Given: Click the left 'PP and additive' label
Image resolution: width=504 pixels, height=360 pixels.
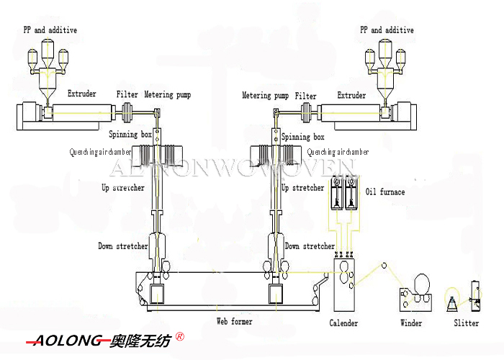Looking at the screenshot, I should click(50, 30).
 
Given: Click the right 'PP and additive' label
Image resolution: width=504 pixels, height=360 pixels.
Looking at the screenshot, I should click(387, 30).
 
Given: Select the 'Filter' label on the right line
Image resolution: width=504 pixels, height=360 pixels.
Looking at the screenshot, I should click(306, 96).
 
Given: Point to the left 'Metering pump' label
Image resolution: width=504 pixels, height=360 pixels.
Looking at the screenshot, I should click(168, 94).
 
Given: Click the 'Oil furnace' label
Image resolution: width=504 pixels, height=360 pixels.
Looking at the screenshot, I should click(385, 192).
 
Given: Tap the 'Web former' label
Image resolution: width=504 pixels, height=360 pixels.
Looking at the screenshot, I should click(235, 321).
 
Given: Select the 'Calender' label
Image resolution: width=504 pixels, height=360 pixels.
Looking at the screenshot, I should click(343, 323).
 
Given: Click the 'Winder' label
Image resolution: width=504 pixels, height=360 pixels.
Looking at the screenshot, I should click(411, 323).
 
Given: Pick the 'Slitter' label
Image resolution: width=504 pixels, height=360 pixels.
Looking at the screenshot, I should click(466, 323).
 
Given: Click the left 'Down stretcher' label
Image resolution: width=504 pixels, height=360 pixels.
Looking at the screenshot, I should click(123, 246).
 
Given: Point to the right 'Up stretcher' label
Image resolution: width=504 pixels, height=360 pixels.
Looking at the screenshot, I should click(302, 188).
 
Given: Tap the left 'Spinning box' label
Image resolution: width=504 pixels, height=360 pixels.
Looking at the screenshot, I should click(130, 135).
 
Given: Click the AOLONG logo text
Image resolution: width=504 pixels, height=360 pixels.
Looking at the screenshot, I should click(65, 341).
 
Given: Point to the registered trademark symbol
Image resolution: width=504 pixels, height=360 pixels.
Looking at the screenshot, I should click(180, 336).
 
